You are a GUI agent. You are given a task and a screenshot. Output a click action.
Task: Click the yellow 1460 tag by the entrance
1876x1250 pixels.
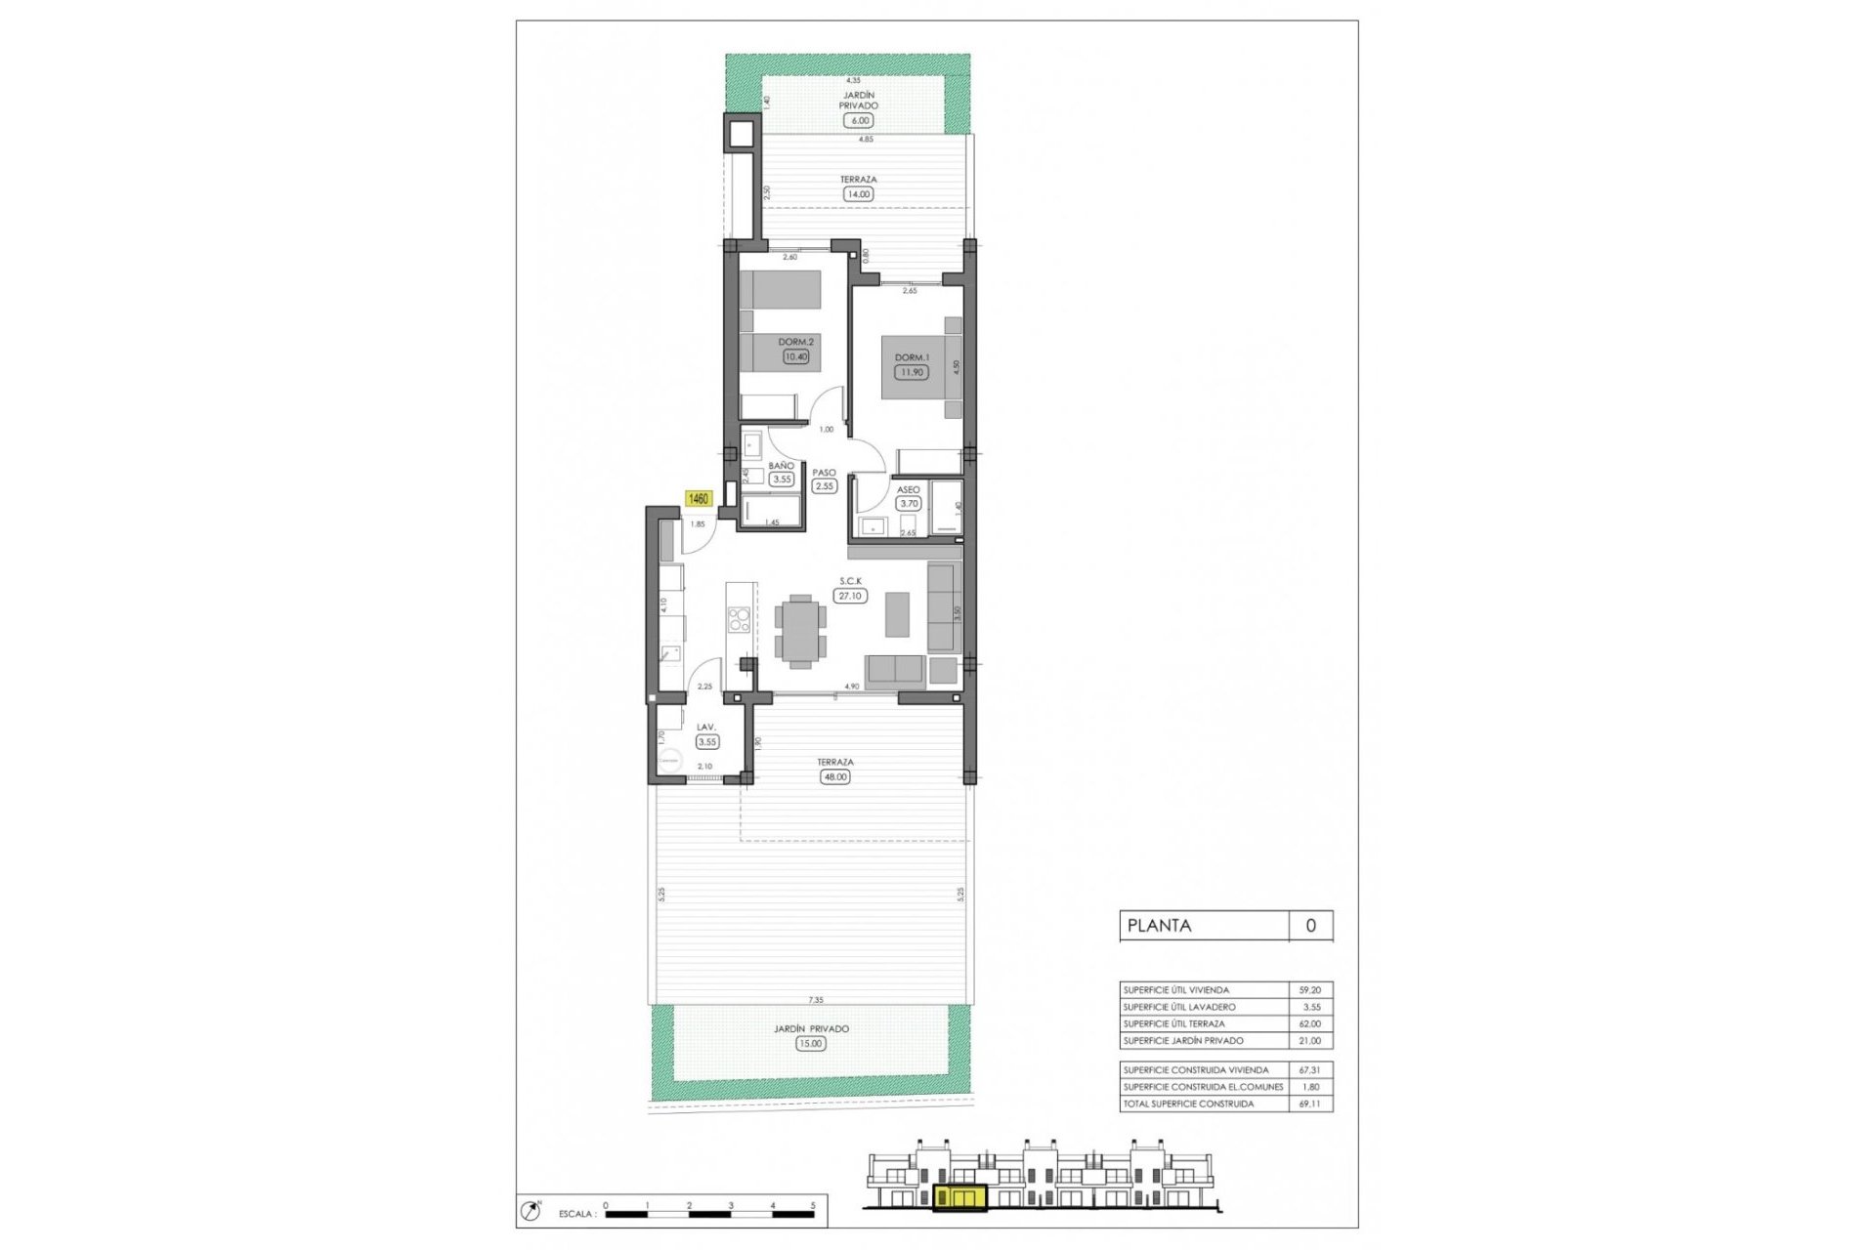pyautogui.click(x=698, y=499)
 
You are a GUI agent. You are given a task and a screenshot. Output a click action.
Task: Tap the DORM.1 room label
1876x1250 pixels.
pyautogui.click(x=913, y=357)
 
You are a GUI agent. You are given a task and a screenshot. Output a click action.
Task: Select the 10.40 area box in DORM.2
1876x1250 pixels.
pyautogui.click(x=796, y=357)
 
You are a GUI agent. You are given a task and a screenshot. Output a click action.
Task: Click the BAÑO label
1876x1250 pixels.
pyautogui.click(x=781, y=466)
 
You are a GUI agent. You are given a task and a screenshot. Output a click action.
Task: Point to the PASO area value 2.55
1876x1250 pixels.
pyautogui.click(x=825, y=485)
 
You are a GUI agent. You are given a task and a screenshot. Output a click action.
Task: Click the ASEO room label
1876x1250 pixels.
pyautogui.click(x=908, y=490)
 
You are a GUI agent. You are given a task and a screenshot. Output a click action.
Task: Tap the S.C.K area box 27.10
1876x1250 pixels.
pyautogui.click(x=849, y=595)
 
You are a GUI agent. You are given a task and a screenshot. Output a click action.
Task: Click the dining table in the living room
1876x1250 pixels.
pyautogui.click(x=800, y=631)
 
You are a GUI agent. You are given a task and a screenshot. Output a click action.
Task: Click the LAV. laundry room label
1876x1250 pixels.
pyautogui.click(x=705, y=728)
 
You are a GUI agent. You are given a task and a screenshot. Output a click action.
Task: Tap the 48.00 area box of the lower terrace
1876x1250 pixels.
pyautogui.click(x=835, y=777)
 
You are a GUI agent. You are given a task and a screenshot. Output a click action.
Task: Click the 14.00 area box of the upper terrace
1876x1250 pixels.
pyautogui.click(x=858, y=194)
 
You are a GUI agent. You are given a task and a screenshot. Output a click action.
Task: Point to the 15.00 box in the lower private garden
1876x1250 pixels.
pyautogui.click(x=810, y=1043)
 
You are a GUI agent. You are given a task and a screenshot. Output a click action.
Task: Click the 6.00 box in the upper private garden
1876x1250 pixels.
pyautogui.click(x=859, y=120)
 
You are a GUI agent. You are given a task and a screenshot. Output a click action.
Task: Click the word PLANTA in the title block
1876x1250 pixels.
pyautogui.click(x=1159, y=926)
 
